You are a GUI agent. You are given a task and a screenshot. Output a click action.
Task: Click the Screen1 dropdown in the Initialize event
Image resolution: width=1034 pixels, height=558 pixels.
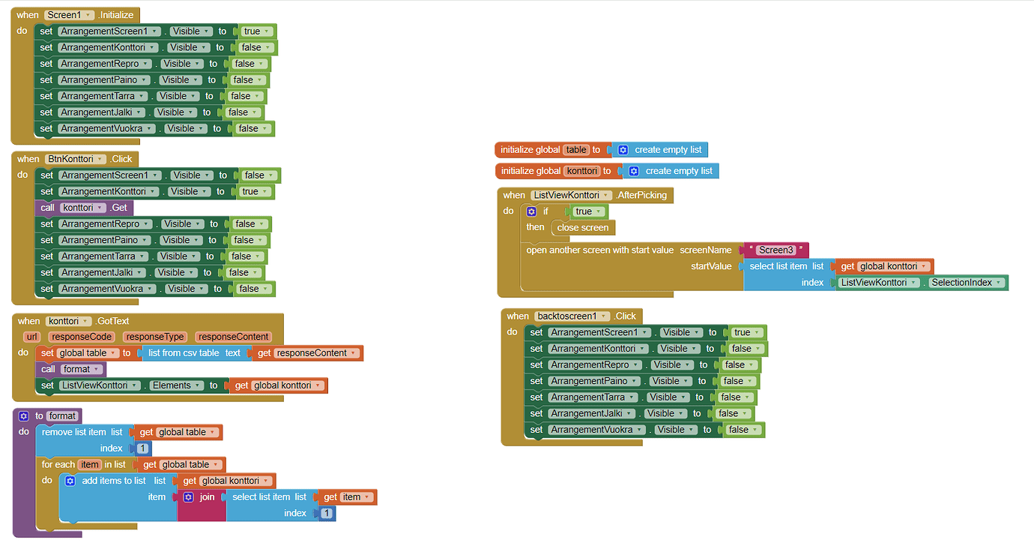[69, 15]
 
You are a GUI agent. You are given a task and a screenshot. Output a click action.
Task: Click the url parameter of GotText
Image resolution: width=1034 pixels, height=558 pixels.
[32, 337]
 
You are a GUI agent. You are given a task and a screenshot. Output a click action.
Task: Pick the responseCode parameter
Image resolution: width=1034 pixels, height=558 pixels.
[82, 337]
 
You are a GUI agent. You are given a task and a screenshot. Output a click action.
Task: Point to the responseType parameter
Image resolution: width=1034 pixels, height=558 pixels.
[154, 337]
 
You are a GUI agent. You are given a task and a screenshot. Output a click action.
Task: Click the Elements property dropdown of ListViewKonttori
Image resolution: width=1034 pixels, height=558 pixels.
[176, 385]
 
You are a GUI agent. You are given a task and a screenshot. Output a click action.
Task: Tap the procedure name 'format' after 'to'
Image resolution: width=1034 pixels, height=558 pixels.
[62, 415]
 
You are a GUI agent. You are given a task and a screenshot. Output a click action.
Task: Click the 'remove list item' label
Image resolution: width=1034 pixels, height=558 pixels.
[73, 432]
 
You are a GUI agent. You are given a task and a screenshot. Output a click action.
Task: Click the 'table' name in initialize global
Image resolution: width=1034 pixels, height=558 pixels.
[576, 150]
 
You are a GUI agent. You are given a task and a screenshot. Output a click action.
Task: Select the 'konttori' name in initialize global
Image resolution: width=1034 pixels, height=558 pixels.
[581, 171]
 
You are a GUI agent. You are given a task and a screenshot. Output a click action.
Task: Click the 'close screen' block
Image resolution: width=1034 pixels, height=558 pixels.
[583, 227]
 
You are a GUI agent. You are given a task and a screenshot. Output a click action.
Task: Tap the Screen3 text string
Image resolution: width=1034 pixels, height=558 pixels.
[775, 250]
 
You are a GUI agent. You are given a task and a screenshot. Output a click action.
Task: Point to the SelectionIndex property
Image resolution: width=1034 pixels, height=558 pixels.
[966, 283]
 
